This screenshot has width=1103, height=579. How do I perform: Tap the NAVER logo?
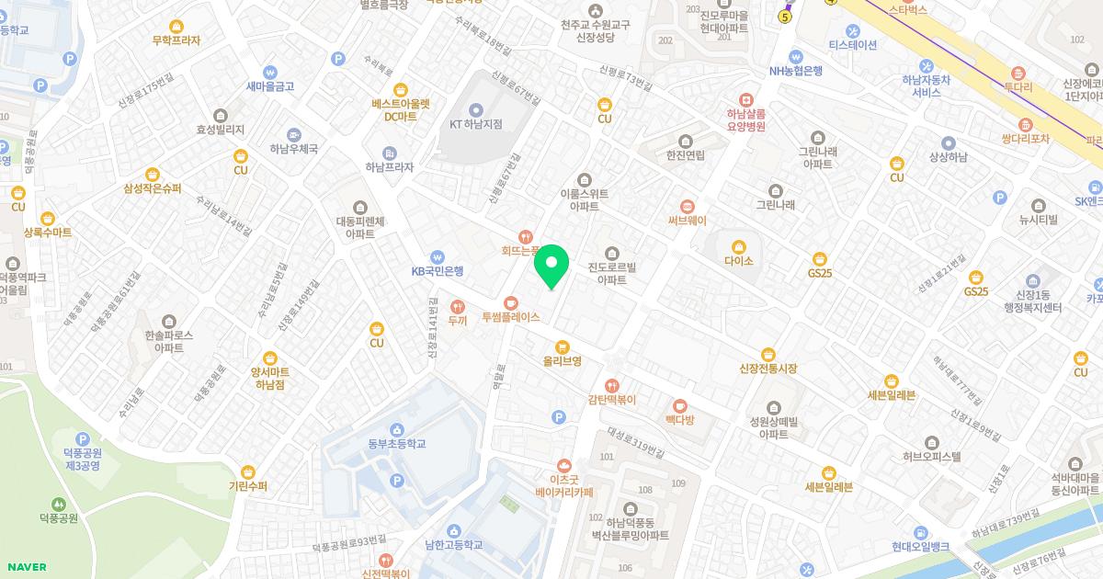[x=25, y=567]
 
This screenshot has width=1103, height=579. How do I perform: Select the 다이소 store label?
[x=738, y=261]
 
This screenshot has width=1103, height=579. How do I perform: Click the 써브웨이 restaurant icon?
[x=688, y=206]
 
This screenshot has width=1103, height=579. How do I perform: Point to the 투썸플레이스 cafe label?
[x=510, y=317]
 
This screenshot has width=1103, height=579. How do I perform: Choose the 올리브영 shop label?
[x=562, y=361]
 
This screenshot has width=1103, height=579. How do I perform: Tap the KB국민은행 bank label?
[x=438, y=271]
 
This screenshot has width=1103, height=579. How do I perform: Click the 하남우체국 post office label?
[x=293, y=149]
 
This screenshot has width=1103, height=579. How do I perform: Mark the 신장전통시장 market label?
[x=768, y=369]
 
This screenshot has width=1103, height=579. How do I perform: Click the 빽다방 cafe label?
[x=680, y=419]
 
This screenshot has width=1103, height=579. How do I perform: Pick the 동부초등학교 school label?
[x=396, y=444]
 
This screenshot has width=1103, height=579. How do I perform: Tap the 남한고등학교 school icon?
[x=453, y=531]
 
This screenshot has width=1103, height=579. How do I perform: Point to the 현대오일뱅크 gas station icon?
[x=920, y=532]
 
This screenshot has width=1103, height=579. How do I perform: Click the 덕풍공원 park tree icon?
[x=59, y=504]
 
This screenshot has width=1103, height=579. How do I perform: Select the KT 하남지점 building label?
[x=475, y=124]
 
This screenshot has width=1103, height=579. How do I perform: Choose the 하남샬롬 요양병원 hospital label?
[x=745, y=120]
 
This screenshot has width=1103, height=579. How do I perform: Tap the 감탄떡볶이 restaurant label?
[x=612, y=400]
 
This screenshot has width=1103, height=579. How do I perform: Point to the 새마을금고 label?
[x=269, y=86]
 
